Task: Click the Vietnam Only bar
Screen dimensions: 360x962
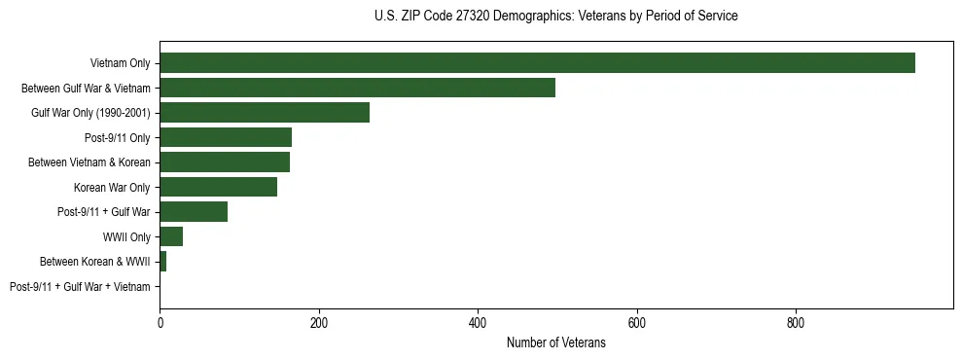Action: pyautogui.click(x=537, y=63)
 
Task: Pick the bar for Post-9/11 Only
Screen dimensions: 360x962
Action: pyautogui.click(x=226, y=137)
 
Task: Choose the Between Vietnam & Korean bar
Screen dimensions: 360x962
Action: pyautogui.click(x=225, y=162)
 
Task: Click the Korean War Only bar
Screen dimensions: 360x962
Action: pyautogui.click(x=218, y=187)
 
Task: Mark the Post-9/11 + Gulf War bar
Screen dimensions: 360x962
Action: pyautogui.click(x=194, y=211)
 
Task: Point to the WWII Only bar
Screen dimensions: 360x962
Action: pyautogui.click(x=171, y=236)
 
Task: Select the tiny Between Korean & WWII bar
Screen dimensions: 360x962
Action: pyautogui.click(x=162, y=261)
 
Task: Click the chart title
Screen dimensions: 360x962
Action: pyautogui.click(x=555, y=17)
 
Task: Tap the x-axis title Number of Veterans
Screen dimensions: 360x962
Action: pyautogui.click(x=555, y=342)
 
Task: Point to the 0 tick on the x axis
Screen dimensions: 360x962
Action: pyautogui.click(x=160, y=322)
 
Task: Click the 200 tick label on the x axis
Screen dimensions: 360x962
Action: pyautogui.click(x=318, y=322)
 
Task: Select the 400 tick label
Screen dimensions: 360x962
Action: pyautogui.click(x=478, y=322)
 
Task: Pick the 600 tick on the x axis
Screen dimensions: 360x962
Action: pyautogui.click(x=637, y=322)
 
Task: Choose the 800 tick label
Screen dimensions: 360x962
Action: pyautogui.click(x=796, y=322)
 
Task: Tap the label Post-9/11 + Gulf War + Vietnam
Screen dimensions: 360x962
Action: pyautogui.click(x=80, y=286)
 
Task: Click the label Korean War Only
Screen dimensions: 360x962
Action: pyautogui.click(x=112, y=187)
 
